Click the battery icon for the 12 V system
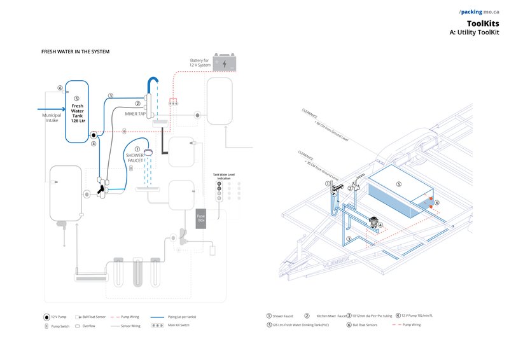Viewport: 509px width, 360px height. click(224, 63)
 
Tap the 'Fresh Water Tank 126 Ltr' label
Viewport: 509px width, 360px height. click(76, 113)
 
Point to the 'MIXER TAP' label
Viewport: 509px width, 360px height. click(136, 114)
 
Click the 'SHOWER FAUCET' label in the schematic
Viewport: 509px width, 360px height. click(135, 158)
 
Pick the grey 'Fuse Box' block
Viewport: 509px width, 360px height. click(201, 218)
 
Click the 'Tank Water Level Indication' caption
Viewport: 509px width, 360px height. click(224, 177)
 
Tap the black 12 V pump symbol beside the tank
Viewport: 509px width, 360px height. click(94, 135)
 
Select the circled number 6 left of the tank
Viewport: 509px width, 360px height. click(60, 88)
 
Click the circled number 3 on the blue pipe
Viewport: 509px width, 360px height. click(110, 96)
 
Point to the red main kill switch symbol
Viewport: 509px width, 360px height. click(172, 102)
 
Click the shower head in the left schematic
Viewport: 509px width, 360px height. click(150, 152)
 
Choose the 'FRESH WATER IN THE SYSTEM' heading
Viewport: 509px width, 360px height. click(76, 52)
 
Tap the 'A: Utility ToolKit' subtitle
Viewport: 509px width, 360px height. click(474, 32)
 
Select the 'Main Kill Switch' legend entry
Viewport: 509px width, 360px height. click(178, 326)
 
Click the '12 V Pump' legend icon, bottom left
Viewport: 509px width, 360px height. click(47, 316)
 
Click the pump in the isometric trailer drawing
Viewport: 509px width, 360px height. click(373, 224)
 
